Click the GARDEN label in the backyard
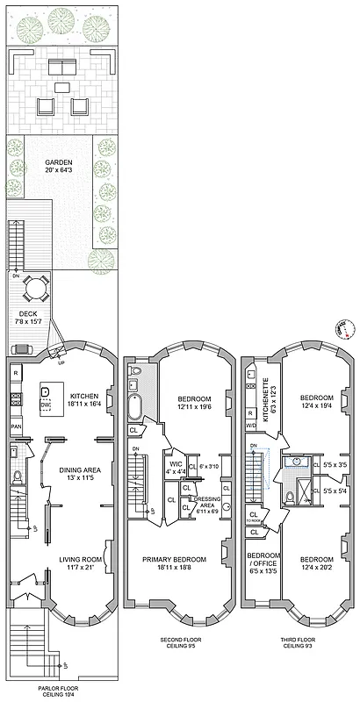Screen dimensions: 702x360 coord(59,163)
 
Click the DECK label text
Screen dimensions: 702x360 coord(28,313)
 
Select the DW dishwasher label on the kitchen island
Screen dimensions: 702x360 coord(47,406)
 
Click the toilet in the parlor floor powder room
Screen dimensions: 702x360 coord(18,478)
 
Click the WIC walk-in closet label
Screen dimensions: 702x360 coord(176,465)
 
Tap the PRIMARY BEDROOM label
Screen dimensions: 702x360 coord(176,560)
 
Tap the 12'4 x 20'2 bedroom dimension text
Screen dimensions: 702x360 coord(314,569)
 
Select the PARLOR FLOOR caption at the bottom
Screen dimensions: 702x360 coord(55,689)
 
